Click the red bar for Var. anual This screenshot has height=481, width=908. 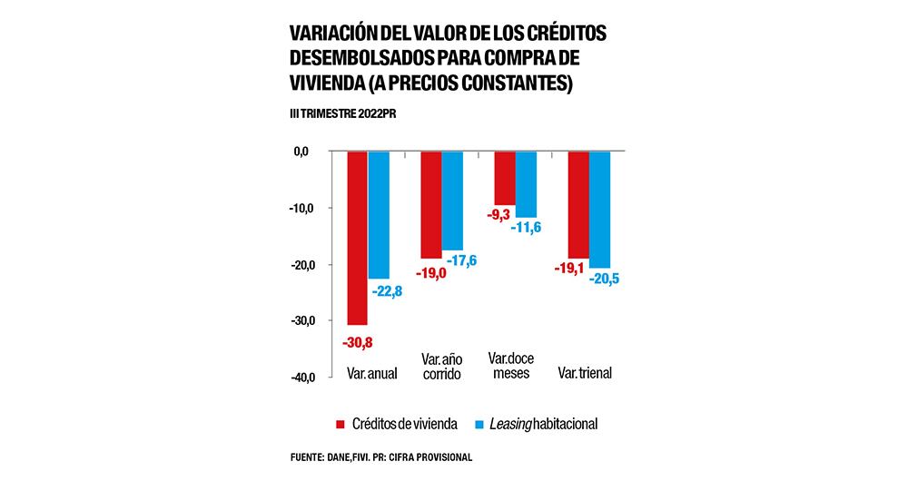tap(357, 238)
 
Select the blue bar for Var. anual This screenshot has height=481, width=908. tap(379, 214)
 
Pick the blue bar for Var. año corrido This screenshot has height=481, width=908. tap(452, 201)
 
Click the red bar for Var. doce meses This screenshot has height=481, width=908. tap(504, 178)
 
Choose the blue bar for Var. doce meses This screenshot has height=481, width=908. tap(526, 184)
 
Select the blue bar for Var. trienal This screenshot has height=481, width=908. tap(599, 209)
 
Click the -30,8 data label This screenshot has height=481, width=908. tap(357, 342)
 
